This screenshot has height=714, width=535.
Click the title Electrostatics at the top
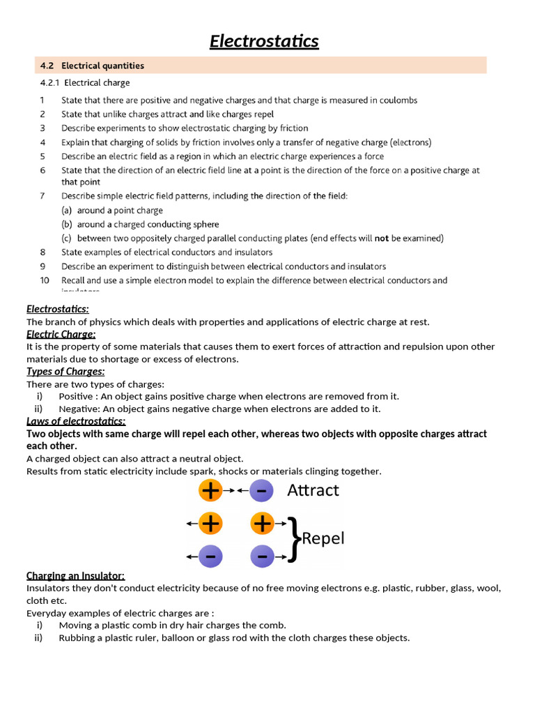click(x=264, y=42)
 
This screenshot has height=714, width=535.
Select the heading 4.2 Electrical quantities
click(x=92, y=66)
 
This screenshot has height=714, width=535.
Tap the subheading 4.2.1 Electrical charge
click(x=85, y=83)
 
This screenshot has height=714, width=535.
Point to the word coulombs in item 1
click(x=394, y=100)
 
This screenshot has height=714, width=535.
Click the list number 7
click(x=42, y=196)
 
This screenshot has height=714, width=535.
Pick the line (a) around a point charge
click(x=112, y=211)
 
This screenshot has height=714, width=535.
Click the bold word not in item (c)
click(x=382, y=238)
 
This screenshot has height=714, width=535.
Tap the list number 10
click(x=45, y=280)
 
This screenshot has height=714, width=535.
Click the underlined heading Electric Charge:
click(x=61, y=334)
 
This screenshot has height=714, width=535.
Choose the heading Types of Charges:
click(x=65, y=371)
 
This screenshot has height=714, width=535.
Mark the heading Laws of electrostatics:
click(x=76, y=421)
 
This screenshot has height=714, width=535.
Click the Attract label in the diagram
click(x=313, y=490)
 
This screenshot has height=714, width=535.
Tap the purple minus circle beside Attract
click(x=261, y=491)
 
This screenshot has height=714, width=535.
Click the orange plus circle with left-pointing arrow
click(x=210, y=522)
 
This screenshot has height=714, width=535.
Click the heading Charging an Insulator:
click(x=75, y=575)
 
